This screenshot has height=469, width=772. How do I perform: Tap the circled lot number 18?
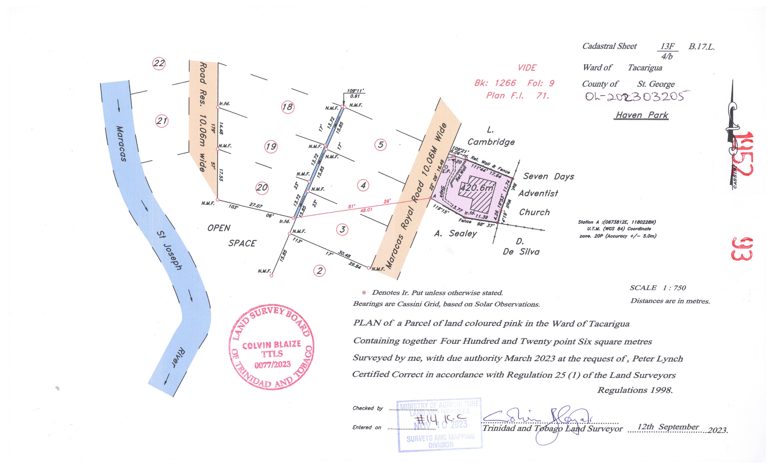[288, 107]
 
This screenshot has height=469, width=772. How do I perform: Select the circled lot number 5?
[380, 145]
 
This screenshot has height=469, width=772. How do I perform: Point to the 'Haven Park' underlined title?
[642, 115]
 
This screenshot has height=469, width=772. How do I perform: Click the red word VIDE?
[527, 68]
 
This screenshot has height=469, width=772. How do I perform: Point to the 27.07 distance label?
[256, 206]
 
